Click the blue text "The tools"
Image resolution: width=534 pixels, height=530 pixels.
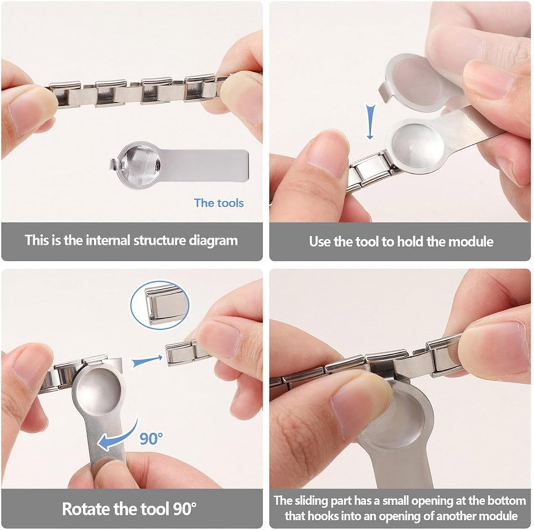(219, 203)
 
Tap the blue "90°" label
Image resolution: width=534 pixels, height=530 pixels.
(151, 438)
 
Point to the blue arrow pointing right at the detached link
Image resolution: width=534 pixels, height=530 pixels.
(147, 361)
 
